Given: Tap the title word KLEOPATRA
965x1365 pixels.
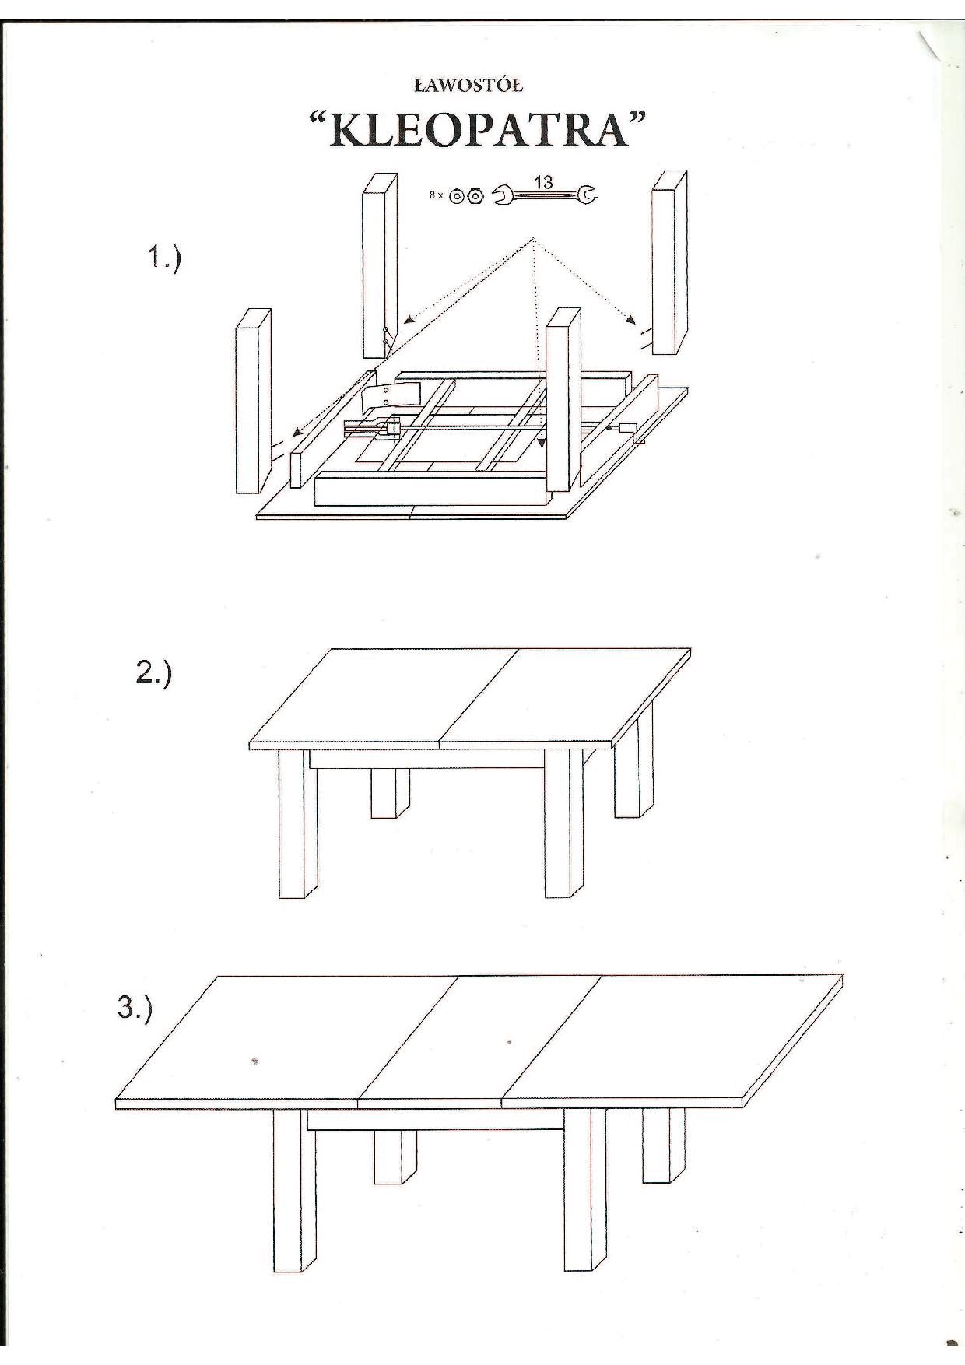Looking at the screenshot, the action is tap(479, 130).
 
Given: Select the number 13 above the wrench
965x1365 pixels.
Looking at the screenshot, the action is tap(543, 182).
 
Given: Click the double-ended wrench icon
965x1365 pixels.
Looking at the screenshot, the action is tap(545, 195).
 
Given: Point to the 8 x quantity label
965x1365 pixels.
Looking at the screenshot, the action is tap(436, 195).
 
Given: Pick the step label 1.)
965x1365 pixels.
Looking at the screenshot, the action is tap(163, 258).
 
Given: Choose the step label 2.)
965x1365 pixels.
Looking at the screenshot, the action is tap(153, 672).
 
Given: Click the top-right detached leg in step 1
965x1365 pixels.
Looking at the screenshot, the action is tap(669, 261).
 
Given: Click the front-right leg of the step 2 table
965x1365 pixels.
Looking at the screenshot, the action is tap(564, 823).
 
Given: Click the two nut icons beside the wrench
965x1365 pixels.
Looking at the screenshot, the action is tap(467, 196).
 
